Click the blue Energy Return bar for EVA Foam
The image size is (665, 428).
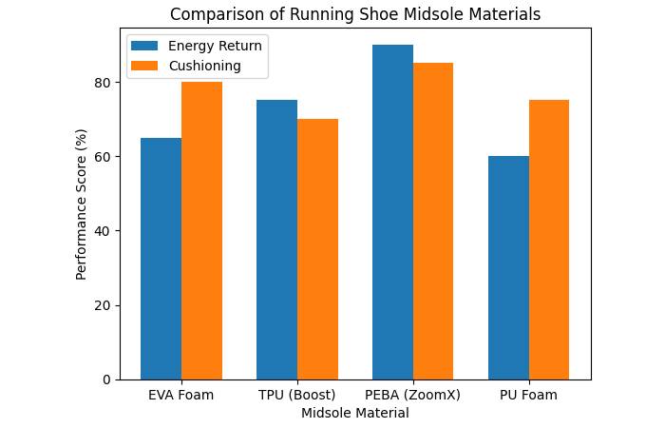[161, 259]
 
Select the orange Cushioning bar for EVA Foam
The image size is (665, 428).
[201, 231]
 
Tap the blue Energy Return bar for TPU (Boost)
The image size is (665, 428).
[276, 240]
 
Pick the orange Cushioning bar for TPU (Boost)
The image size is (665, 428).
[317, 249]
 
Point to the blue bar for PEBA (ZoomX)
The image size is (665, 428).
[392, 212]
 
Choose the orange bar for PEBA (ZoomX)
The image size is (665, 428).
[433, 222]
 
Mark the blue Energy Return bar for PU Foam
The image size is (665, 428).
[508, 268]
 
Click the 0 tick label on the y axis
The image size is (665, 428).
[107, 379]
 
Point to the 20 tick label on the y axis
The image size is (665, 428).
[104, 305]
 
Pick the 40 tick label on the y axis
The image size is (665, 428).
[104, 231]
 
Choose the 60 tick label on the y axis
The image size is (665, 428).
[104, 157]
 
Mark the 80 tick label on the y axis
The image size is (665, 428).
[104, 83]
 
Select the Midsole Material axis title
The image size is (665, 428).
[354, 414]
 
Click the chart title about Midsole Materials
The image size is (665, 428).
[354, 14]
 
